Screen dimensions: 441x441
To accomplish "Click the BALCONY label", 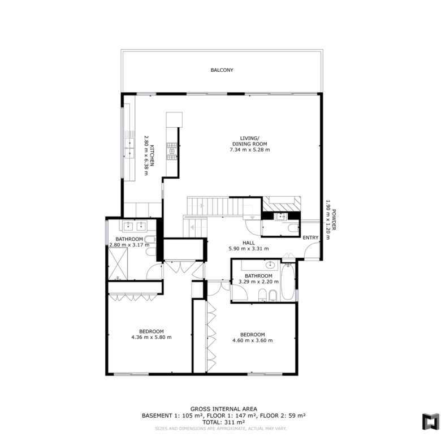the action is click(222, 70).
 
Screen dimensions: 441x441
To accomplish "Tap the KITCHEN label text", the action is click(152, 155).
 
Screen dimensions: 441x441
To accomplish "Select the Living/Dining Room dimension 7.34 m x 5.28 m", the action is click(250, 150).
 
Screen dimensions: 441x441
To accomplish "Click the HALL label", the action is click(249, 243).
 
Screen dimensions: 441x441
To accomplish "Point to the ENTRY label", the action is click(310, 237).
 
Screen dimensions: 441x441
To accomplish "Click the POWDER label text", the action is click(334, 220).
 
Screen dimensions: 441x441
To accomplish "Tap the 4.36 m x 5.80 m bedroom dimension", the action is click(152, 337).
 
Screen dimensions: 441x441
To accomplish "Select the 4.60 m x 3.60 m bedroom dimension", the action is click(253, 340).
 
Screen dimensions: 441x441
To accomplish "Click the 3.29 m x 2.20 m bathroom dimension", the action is click(259, 282).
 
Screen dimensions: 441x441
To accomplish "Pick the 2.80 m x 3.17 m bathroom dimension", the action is click(129, 245).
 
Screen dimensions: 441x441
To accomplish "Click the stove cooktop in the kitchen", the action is click(171, 152).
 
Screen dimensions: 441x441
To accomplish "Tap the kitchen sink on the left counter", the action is click(129, 148).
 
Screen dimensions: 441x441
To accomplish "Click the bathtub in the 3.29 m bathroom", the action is click(288, 282).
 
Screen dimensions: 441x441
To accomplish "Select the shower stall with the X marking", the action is click(118, 264).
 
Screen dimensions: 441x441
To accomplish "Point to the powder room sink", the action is click(280, 217).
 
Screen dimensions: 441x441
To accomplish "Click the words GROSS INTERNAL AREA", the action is click(223, 409).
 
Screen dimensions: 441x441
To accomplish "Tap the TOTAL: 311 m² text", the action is click(223, 422).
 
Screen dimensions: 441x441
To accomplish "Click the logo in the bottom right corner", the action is click(431, 421).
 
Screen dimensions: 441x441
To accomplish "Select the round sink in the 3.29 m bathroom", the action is click(271, 265).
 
